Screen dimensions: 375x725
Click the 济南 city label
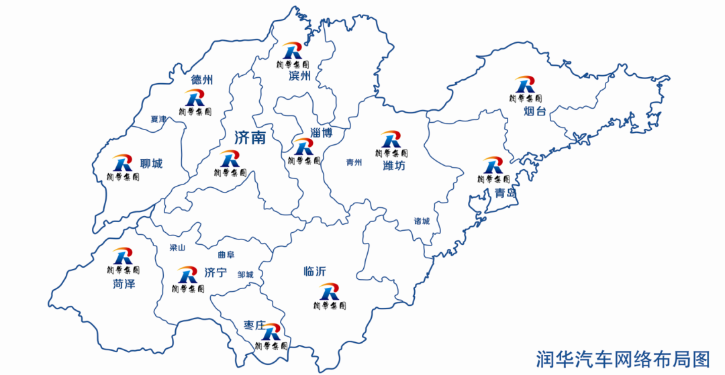coord(250,138)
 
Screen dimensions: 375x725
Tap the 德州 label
coord(201,81)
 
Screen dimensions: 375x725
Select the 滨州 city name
coord(299,76)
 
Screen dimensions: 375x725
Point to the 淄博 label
coord(321,133)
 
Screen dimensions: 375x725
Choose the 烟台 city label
coord(536,111)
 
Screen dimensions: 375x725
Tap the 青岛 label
coord(505,193)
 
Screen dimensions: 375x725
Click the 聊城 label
coord(151,164)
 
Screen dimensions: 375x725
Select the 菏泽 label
coord(124,284)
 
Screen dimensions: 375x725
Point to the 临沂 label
coord(314,272)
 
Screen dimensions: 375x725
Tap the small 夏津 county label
coord(158,119)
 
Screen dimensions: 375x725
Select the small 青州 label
coord(354,162)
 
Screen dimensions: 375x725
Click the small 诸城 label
coord(422,221)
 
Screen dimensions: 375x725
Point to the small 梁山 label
coord(177,248)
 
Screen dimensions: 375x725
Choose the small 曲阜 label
coord(226,255)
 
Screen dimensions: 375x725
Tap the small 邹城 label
coord(245,274)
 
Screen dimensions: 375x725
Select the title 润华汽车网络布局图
coord(622,358)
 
